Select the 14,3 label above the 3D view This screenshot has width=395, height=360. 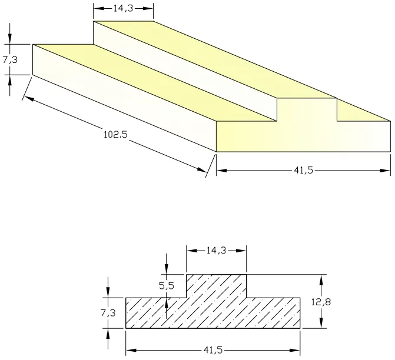point(123,9)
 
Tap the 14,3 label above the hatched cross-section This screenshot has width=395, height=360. point(216,250)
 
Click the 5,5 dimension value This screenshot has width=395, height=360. point(167,286)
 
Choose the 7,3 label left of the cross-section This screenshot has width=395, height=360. point(108,313)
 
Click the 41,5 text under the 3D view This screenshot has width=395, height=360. point(303,171)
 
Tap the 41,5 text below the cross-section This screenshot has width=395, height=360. point(213,351)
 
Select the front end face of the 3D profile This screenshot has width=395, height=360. point(303,132)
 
